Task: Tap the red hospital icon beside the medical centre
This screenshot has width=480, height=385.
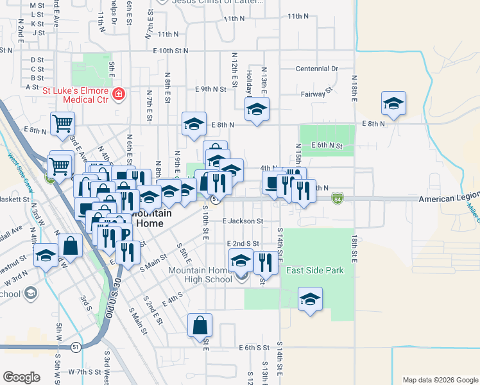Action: [x=118, y=95]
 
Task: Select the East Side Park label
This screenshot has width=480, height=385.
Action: [x=315, y=270]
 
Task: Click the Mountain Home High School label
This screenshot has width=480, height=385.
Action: [x=200, y=275]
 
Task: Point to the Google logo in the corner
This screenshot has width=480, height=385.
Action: [x=21, y=377]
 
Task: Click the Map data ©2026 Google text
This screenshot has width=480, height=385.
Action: [x=440, y=380]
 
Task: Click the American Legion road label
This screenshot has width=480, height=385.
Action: [x=449, y=200]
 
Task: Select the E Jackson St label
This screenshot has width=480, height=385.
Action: [x=243, y=221]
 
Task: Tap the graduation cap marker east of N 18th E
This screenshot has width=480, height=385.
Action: [x=393, y=103]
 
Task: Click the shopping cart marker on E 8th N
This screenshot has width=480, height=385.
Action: [x=62, y=123]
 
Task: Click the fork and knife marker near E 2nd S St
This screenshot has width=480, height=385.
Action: [x=264, y=262]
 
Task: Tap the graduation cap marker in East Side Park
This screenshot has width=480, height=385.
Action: [x=311, y=299]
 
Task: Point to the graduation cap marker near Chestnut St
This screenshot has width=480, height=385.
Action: [x=46, y=257]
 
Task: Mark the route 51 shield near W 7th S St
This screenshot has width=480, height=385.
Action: [x=76, y=347]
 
